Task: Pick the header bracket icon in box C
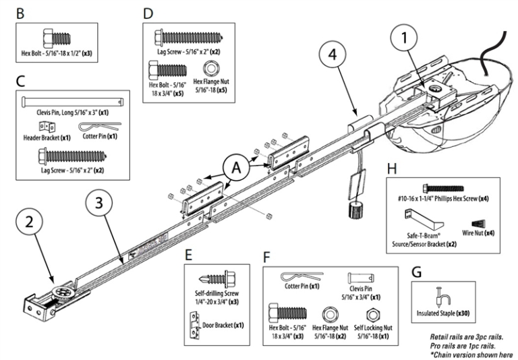coord(46,127)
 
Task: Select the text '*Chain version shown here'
coord(470,354)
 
